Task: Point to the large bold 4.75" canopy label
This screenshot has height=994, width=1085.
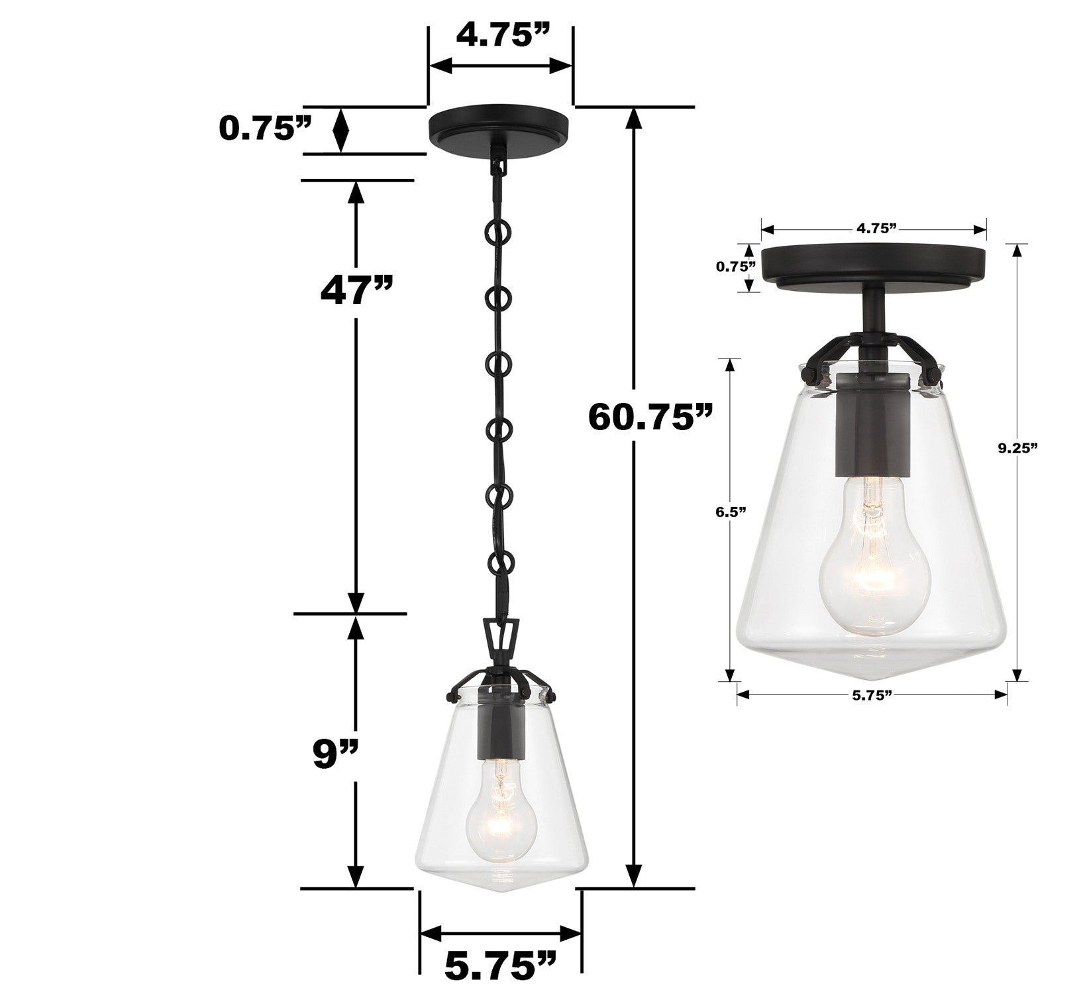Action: point(501,36)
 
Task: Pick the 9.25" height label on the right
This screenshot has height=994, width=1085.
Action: point(1017,448)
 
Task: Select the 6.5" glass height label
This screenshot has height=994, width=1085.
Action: point(730,511)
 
